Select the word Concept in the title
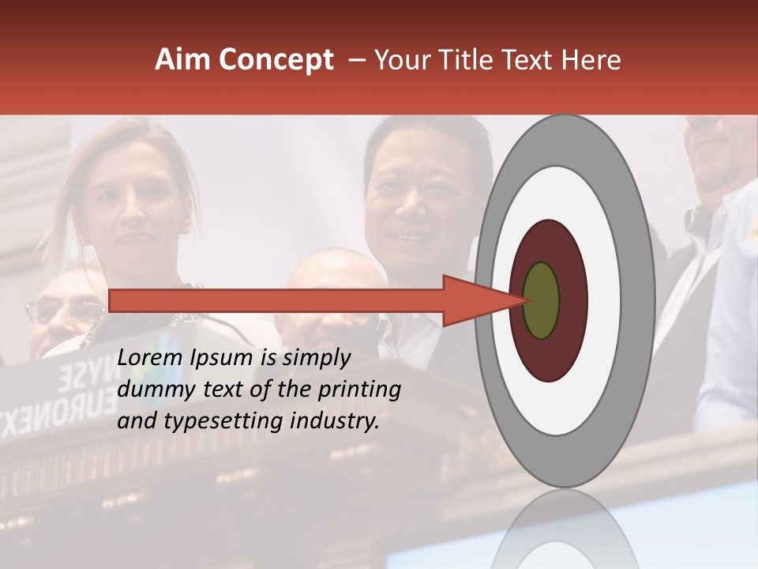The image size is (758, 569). coord(276,60)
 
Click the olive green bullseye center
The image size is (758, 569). coord(542,301)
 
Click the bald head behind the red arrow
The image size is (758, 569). coord(332,273)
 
